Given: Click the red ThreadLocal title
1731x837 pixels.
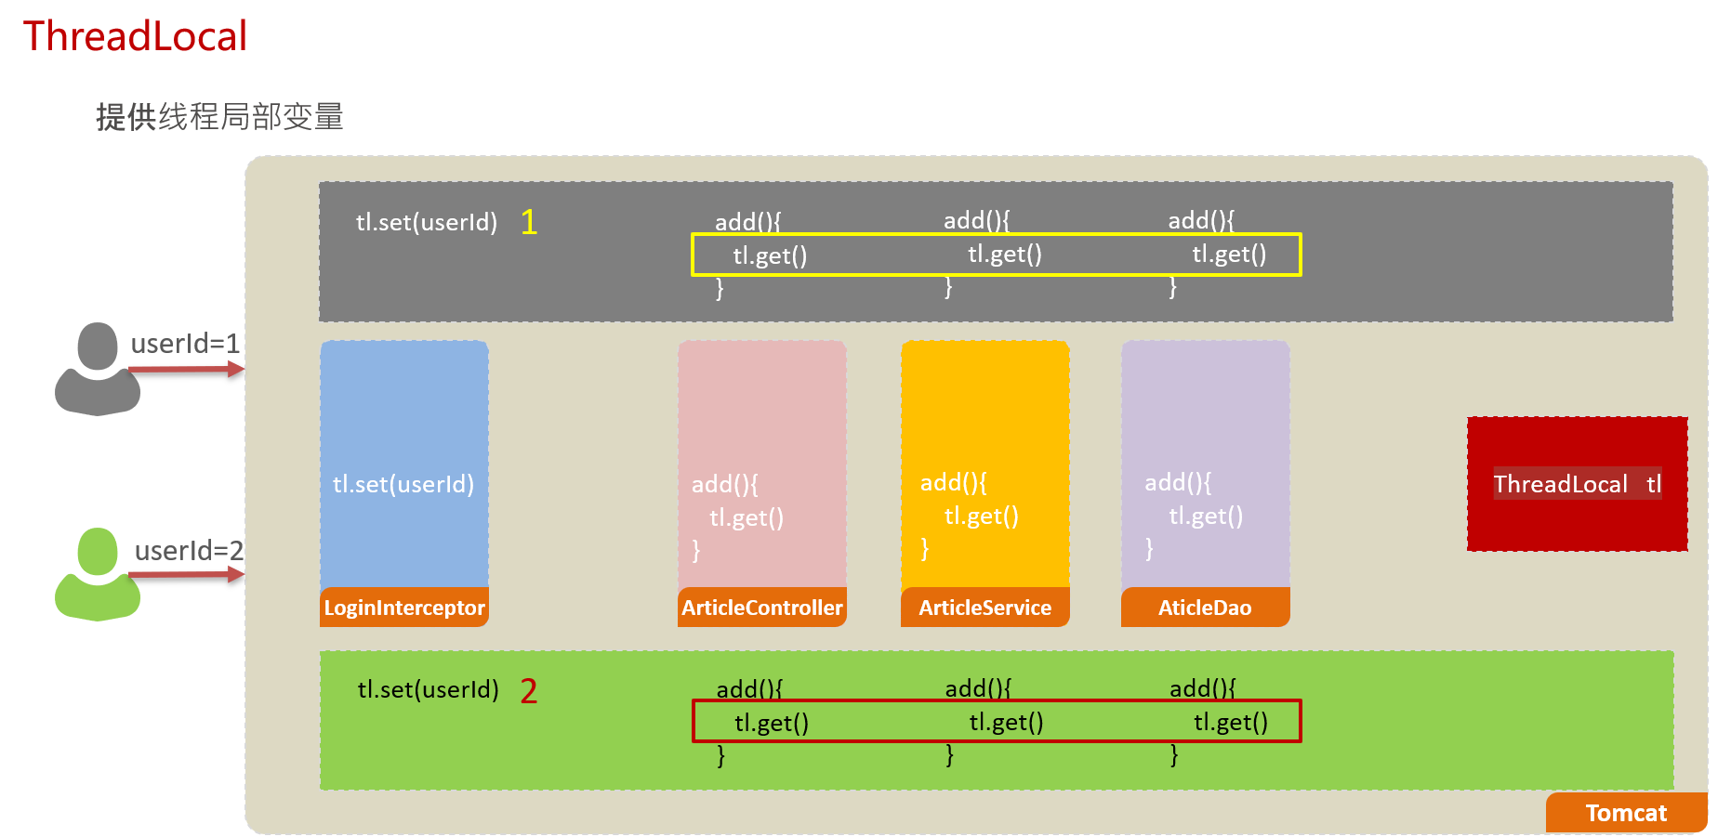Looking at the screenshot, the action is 135,36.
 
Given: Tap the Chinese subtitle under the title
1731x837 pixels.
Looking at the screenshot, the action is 219,117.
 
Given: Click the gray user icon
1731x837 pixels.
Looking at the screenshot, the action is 98,369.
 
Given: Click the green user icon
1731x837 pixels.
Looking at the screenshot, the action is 98,574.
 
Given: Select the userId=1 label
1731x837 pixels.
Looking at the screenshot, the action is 185,344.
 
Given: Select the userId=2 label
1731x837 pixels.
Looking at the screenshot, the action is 189,551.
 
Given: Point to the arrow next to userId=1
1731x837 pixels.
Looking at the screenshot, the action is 186,370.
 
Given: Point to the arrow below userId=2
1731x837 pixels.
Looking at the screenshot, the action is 186,575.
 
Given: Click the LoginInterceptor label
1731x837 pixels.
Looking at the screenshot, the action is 404,608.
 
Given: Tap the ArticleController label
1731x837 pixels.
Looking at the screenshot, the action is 762,608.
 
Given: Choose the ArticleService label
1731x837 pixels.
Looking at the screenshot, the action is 985,608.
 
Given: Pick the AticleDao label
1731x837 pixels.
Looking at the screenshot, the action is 1205,608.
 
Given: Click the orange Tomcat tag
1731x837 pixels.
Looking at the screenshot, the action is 1626,813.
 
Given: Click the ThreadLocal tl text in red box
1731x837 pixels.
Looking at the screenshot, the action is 1578,484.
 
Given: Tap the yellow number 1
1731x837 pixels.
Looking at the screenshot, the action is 529,222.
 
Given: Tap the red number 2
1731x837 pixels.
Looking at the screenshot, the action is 529,691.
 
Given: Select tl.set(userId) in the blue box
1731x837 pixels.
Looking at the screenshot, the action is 403,484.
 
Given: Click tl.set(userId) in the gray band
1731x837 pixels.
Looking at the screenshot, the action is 427,222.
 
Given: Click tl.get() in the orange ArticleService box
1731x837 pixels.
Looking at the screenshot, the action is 982,516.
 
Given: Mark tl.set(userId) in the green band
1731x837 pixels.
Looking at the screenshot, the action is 429,689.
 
